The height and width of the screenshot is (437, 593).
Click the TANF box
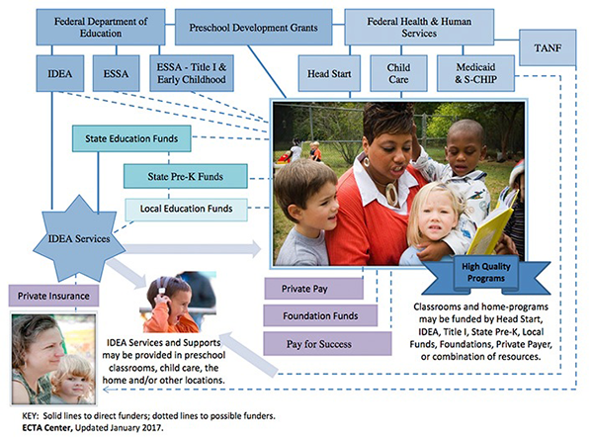point(549,47)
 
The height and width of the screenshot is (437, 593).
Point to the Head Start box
point(328,74)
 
